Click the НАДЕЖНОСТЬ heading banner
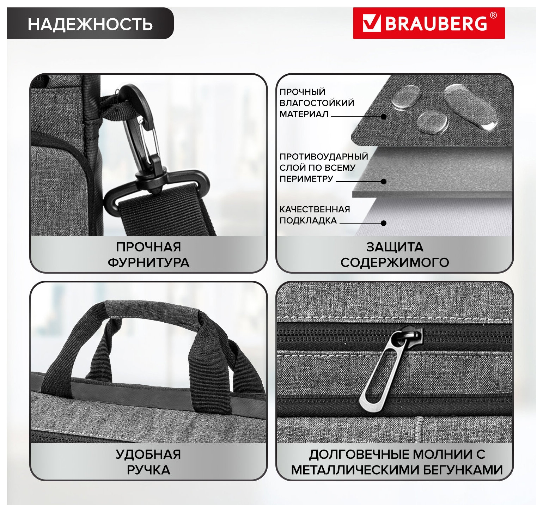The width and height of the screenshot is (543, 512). click(x=90, y=24)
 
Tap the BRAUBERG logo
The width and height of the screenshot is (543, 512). click(x=429, y=23)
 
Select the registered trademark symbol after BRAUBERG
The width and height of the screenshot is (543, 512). click(x=493, y=16)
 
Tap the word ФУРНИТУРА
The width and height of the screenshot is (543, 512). click(x=148, y=263)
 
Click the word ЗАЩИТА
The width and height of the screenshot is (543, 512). click(x=395, y=247)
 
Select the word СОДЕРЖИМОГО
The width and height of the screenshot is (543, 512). click(x=395, y=263)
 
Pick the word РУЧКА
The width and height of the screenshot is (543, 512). click(x=148, y=470)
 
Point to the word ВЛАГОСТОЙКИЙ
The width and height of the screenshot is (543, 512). click(x=317, y=103)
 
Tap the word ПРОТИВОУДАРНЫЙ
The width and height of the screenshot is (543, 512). click(x=324, y=157)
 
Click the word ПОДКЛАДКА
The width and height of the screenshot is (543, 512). click(x=308, y=221)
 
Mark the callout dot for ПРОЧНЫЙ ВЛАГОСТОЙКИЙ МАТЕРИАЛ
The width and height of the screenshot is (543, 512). click(x=384, y=117)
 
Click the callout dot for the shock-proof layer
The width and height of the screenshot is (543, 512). click(x=384, y=182)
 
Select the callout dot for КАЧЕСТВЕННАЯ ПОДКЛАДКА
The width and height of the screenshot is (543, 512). click(x=384, y=223)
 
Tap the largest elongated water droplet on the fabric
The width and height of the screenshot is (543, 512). click(x=471, y=106)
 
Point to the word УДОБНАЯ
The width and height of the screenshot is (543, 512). click(x=148, y=455)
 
